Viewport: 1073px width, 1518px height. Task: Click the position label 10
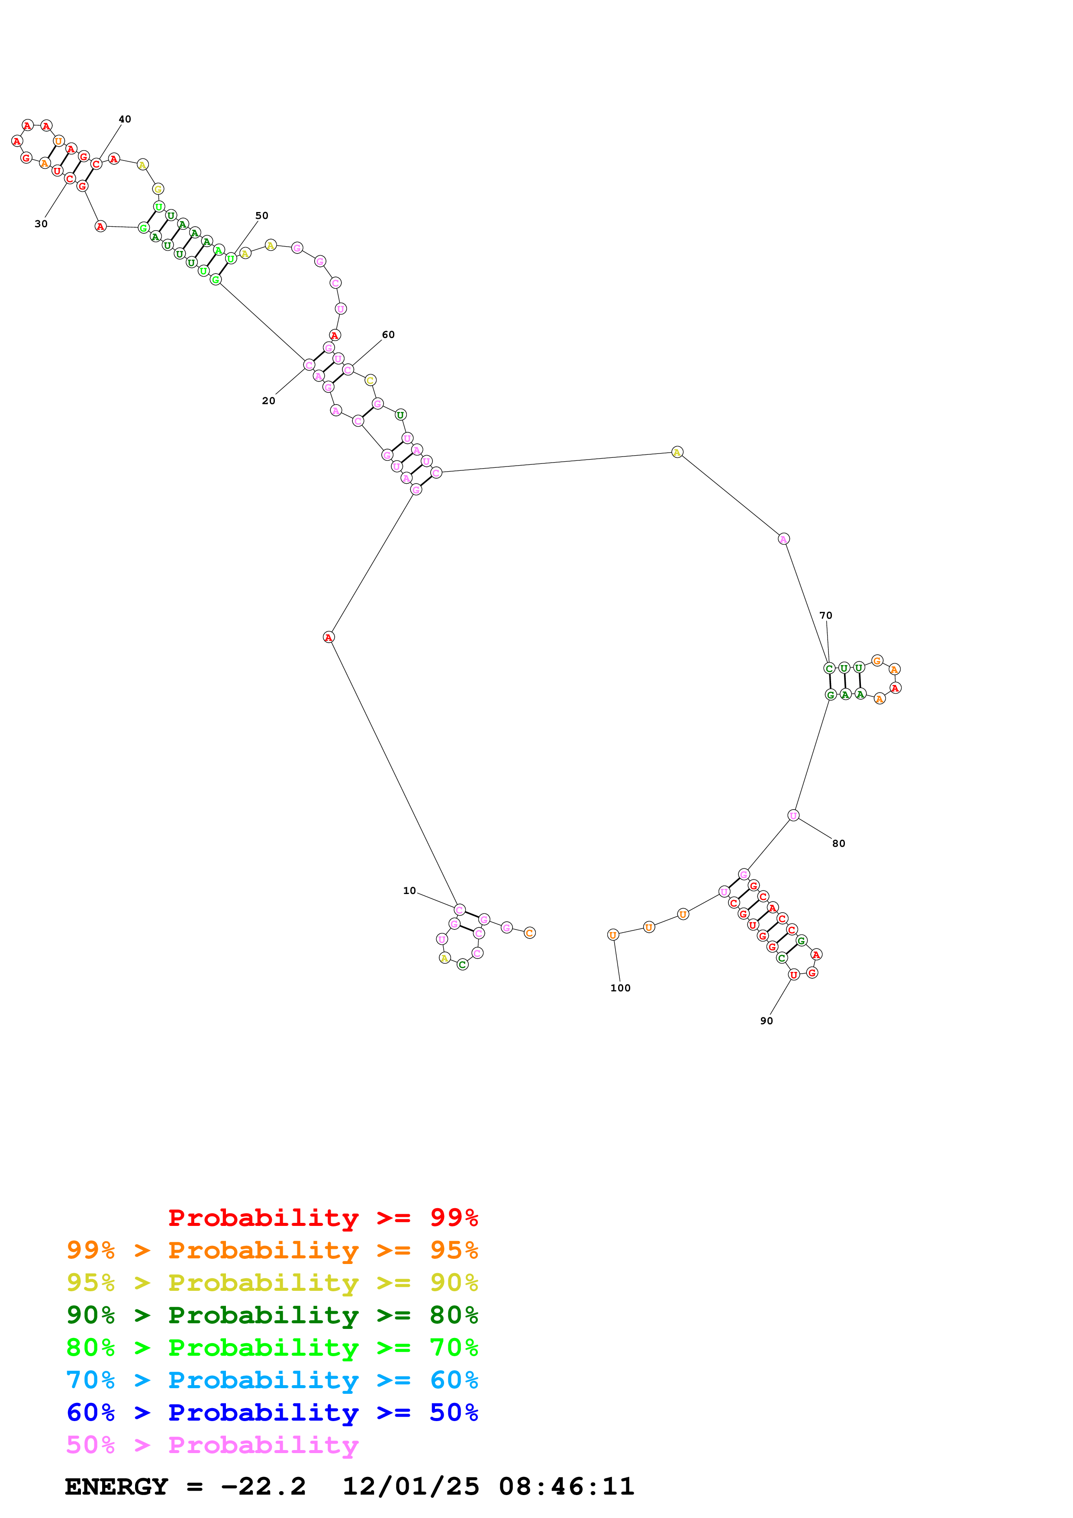409,891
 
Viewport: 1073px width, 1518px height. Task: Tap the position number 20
268,401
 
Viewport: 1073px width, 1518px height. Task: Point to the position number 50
262,215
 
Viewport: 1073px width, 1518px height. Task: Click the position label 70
826,615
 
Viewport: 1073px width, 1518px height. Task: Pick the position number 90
766,1021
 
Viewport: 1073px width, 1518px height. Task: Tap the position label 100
620,988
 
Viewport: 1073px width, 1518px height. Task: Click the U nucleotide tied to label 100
613,935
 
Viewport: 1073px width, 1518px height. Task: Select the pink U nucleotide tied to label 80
793,815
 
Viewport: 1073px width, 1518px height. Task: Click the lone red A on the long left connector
329,637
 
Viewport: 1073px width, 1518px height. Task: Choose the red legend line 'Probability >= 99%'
322,1217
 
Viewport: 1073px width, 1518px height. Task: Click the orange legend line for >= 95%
272,1250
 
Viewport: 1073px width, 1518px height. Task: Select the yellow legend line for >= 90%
272,1282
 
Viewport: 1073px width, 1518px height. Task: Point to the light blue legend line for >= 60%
272,1380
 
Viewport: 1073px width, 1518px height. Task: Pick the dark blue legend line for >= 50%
272,1412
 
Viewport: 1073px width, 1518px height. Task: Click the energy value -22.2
263,1486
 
